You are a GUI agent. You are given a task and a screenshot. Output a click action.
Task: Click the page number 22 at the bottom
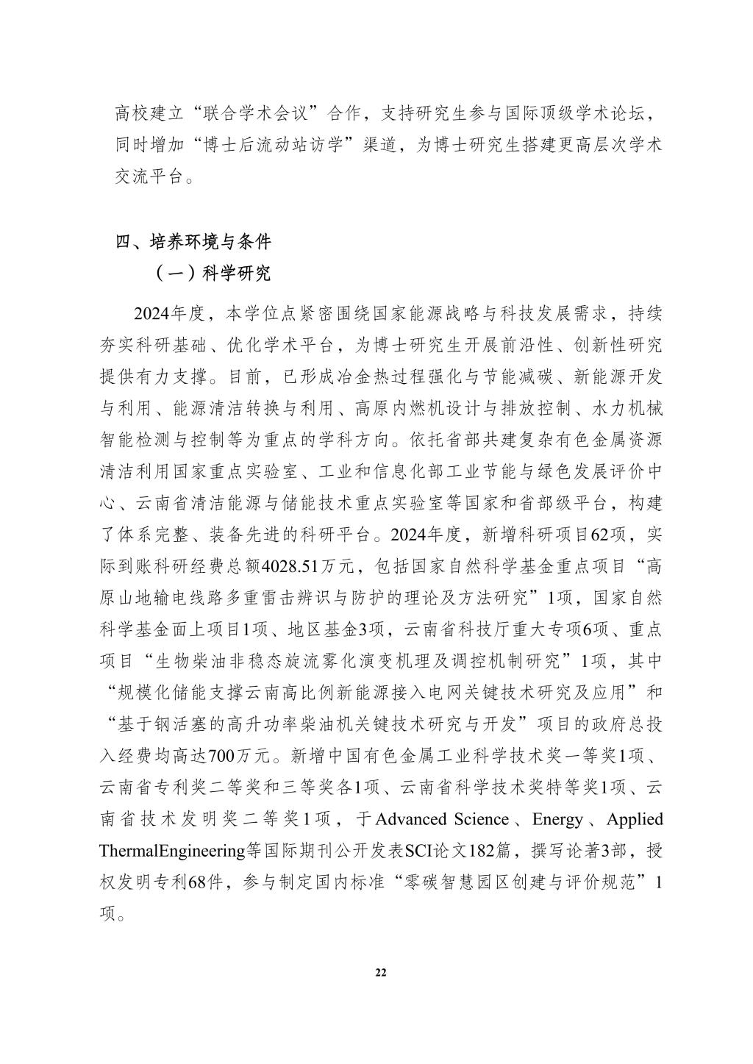click(x=380, y=972)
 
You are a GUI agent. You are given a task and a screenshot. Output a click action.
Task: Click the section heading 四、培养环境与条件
click(x=193, y=241)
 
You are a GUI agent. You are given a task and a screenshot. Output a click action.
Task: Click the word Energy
click(x=557, y=819)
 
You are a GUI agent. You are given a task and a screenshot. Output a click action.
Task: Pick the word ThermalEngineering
click(x=171, y=851)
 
